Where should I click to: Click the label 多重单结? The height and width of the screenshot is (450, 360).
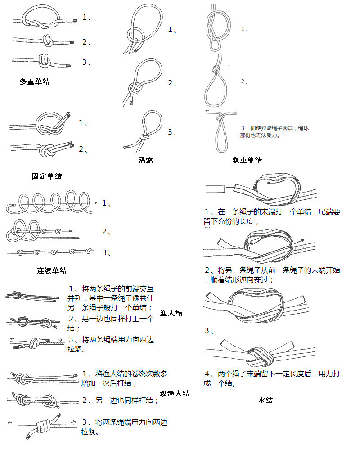coord(35,81)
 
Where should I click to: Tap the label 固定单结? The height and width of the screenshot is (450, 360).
coord(46,176)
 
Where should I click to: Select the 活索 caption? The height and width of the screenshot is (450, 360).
coord(146,160)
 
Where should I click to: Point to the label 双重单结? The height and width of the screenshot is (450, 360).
coord(247,160)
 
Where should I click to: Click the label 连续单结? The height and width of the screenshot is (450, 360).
coord(52,270)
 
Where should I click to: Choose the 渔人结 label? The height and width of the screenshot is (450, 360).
coord(171,313)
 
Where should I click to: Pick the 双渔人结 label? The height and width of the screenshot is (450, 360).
coord(175,393)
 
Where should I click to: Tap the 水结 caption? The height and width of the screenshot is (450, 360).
coord(265,400)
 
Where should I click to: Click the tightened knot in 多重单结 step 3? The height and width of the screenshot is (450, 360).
coord(43,60)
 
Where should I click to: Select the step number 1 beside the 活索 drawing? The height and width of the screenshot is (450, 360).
coord(172,30)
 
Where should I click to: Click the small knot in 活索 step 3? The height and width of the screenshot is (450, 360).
coord(144,137)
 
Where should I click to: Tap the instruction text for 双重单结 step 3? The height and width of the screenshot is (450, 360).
coord(274,131)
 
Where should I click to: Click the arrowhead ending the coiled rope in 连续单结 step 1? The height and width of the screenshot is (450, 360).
coord(95,204)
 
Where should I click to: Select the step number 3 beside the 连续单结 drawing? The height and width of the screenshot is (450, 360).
coord(106,252)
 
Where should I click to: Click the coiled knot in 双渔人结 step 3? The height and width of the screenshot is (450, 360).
coord(43,425)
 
